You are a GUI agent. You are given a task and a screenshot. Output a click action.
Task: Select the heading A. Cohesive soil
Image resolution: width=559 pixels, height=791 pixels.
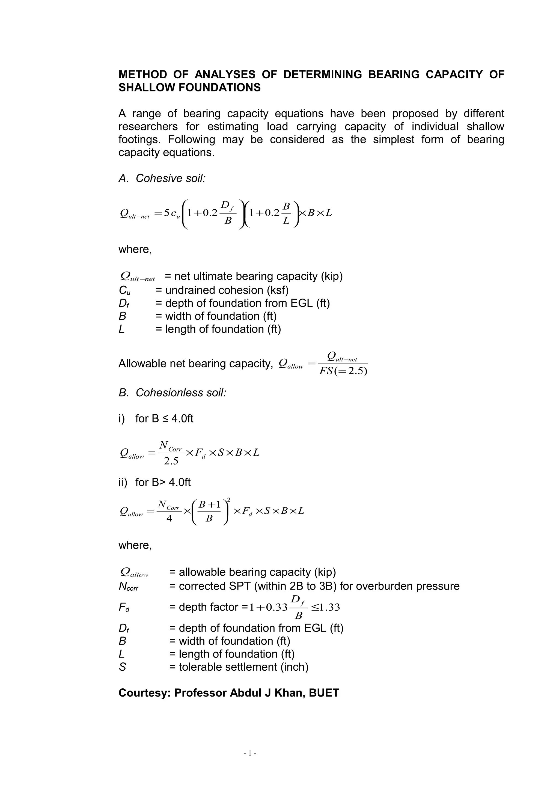coord(162,179)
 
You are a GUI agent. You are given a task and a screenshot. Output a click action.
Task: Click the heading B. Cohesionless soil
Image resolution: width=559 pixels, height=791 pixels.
coord(172,393)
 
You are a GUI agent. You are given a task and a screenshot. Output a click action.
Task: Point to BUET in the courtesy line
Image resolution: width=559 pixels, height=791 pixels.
coord(324,693)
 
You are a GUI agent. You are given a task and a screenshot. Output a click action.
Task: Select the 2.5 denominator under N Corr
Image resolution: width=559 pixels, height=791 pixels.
coord(171,461)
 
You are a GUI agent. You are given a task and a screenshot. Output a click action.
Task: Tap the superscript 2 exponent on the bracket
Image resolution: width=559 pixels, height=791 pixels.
coord(229,500)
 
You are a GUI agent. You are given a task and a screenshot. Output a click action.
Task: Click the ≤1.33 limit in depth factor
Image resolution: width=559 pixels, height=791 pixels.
coord(325,607)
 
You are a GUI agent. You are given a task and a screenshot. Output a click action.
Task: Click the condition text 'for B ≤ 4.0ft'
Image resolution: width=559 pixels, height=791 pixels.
coord(164,419)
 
